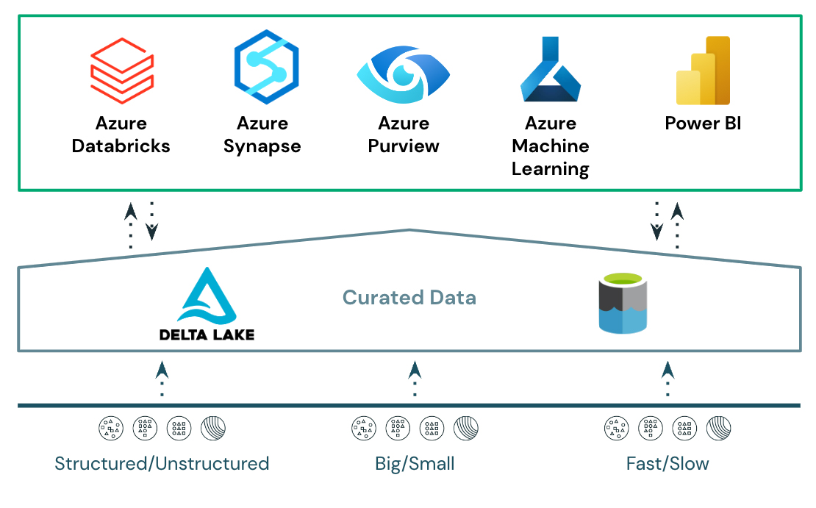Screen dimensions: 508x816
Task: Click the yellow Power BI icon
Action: (703, 71)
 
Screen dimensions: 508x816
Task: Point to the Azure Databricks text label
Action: (121, 135)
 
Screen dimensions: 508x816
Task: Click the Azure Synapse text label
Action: (262, 135)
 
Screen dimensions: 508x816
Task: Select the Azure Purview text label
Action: (404, 135)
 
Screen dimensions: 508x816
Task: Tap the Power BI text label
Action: (703, 123)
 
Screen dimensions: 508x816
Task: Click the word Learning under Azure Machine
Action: (551, 169)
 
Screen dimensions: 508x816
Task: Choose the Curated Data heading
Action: (409, 298)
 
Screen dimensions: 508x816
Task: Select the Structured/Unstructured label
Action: (162, 464)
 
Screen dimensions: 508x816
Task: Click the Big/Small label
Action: (415, 464)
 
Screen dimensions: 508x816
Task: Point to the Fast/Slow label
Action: (668, 464)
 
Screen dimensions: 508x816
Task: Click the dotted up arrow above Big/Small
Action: (415, 379)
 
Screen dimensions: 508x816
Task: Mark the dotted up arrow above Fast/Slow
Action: (668, 379)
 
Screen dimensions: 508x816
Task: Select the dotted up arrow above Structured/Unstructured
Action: (162, 379)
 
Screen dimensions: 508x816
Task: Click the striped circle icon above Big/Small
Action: (466, 427)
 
